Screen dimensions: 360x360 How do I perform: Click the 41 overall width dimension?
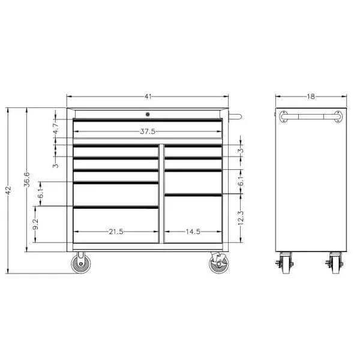tap(148, 97)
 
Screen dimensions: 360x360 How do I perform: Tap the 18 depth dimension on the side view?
tap(311, 97)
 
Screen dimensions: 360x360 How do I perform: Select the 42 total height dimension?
tap(8, 190)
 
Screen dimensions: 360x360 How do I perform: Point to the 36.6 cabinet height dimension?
tap(27, 179)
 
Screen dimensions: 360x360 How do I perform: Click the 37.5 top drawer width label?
tap(148, 131)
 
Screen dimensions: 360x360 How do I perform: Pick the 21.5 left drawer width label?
tap(116, 232)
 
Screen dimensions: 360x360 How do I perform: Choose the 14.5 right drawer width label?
tap(193, 232)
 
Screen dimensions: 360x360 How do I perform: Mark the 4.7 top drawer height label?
tap(56, 128)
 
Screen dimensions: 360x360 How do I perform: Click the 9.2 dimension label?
tap(35, 224)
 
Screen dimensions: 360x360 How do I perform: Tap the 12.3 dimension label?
tap(241, 217)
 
